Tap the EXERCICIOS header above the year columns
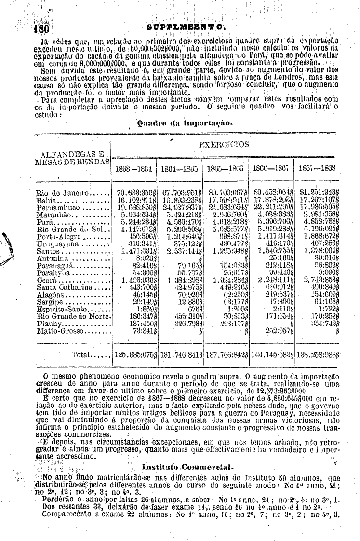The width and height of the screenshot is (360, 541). point(224,144)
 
